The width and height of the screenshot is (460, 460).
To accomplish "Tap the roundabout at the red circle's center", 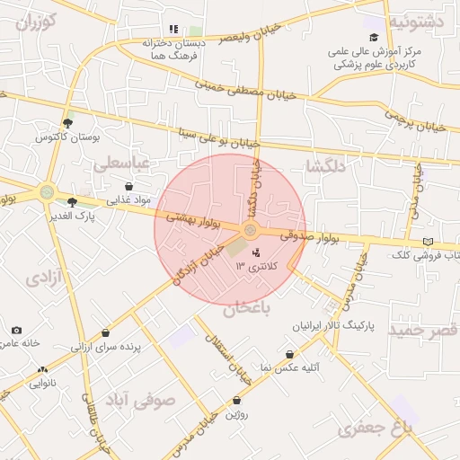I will [x=250, y=230].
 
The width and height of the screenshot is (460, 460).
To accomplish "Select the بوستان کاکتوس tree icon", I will [x=67, y=123].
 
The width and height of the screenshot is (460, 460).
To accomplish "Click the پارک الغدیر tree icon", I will [x=72, y=202].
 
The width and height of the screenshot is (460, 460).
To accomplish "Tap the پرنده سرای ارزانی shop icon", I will [x=106, y=333].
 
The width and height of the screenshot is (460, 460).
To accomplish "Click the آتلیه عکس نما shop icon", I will [x=289, y=355].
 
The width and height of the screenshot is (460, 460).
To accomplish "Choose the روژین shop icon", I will [x=236, y=401].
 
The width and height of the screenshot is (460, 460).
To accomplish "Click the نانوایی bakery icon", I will [x=40, y=369].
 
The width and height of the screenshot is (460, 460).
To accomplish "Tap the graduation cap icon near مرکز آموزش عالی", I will [x=374, y=38].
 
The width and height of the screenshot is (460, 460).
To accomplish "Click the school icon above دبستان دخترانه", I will [x=173, y=29].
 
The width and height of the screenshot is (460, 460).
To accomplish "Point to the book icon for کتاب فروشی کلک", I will [x=428, y=242].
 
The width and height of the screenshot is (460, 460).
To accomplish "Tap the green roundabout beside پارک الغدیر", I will [x=46, y=191].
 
